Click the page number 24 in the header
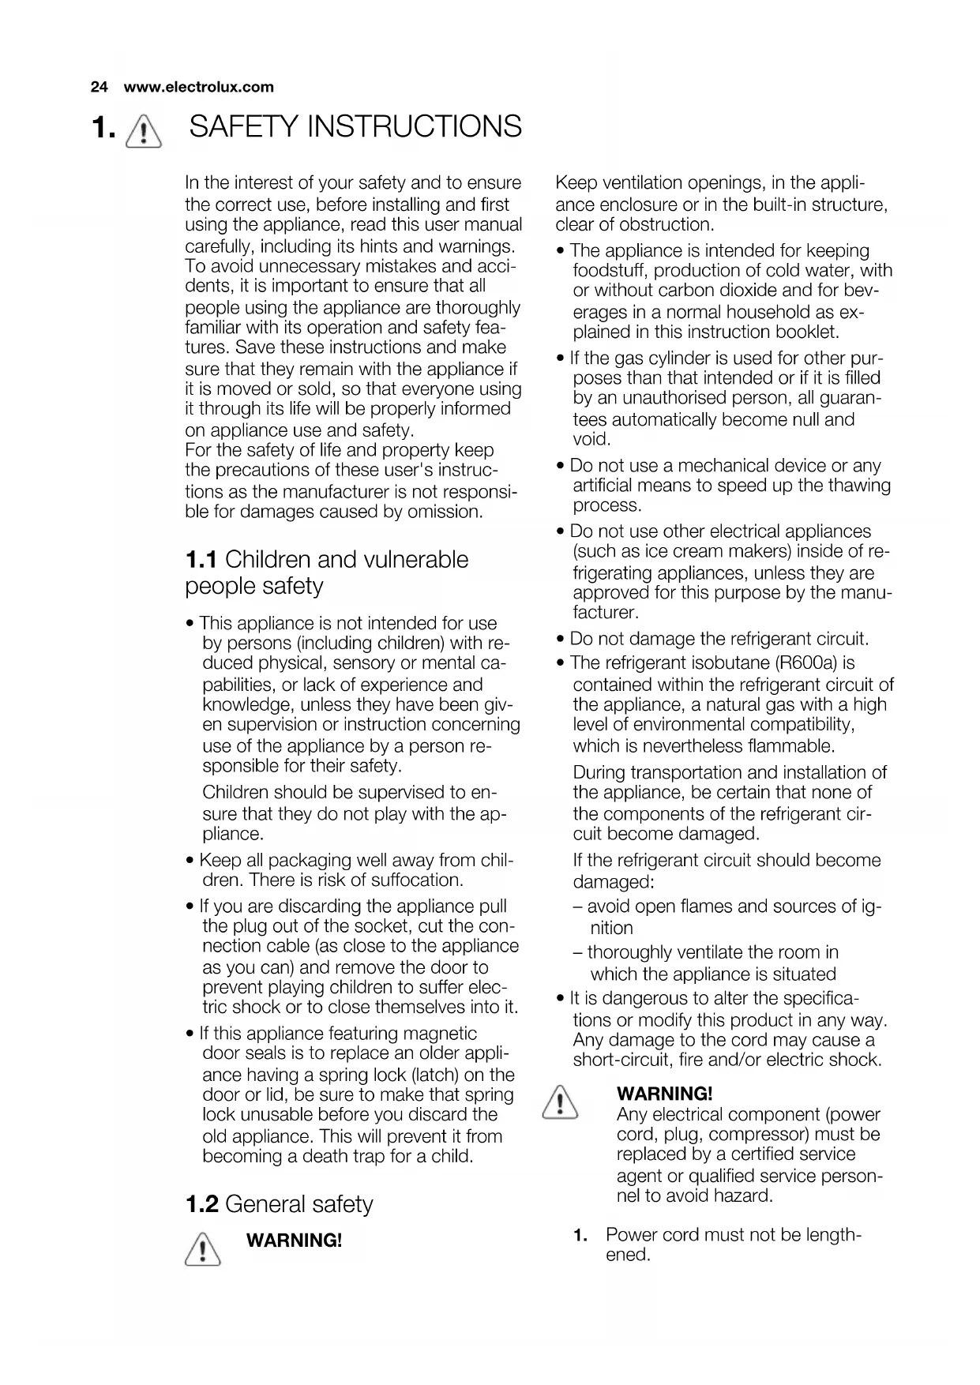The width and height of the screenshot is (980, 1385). (x=99, y=87)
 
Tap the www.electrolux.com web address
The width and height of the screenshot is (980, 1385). (x=198, y=87)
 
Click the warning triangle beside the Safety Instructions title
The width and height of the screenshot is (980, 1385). (x=144, y=129)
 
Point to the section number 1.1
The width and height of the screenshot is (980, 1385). (x=201, y=560)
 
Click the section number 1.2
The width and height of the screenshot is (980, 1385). (x=201, y=1204)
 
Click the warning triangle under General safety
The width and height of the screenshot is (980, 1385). (x=202, y=1249)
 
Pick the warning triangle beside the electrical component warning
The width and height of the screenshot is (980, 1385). (x=559, y=1102)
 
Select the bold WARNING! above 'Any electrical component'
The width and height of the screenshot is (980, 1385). (x=664, y=1094)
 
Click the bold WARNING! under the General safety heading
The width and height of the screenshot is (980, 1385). (x=295, y=1240)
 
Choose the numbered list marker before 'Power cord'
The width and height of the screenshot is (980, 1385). (x=580, y=1235)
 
